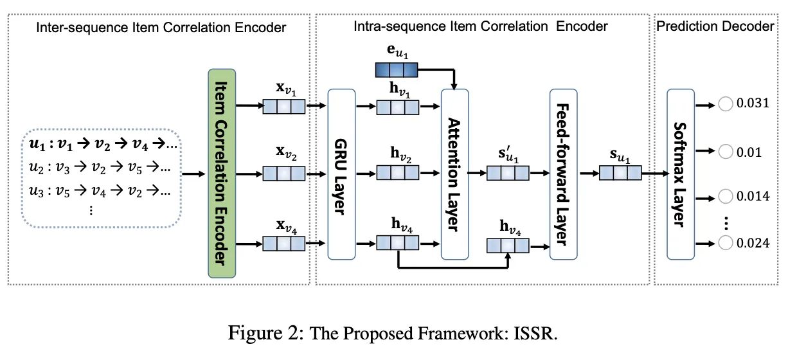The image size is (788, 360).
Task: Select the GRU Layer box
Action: point(341,174)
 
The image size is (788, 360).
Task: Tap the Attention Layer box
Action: point(454,174)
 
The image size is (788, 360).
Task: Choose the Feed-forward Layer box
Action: point(563,174)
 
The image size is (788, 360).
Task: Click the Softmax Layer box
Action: point(681,174)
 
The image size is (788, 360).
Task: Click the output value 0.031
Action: point(753,104)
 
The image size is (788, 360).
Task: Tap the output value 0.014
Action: point(753,196)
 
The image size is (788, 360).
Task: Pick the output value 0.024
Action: point(753,242)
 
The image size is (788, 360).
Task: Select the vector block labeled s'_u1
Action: point(508,174)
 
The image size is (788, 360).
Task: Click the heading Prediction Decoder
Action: point(715,26)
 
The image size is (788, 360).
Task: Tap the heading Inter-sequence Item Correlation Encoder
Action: point(161,28)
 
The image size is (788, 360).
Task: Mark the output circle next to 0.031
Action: point(726,104)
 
